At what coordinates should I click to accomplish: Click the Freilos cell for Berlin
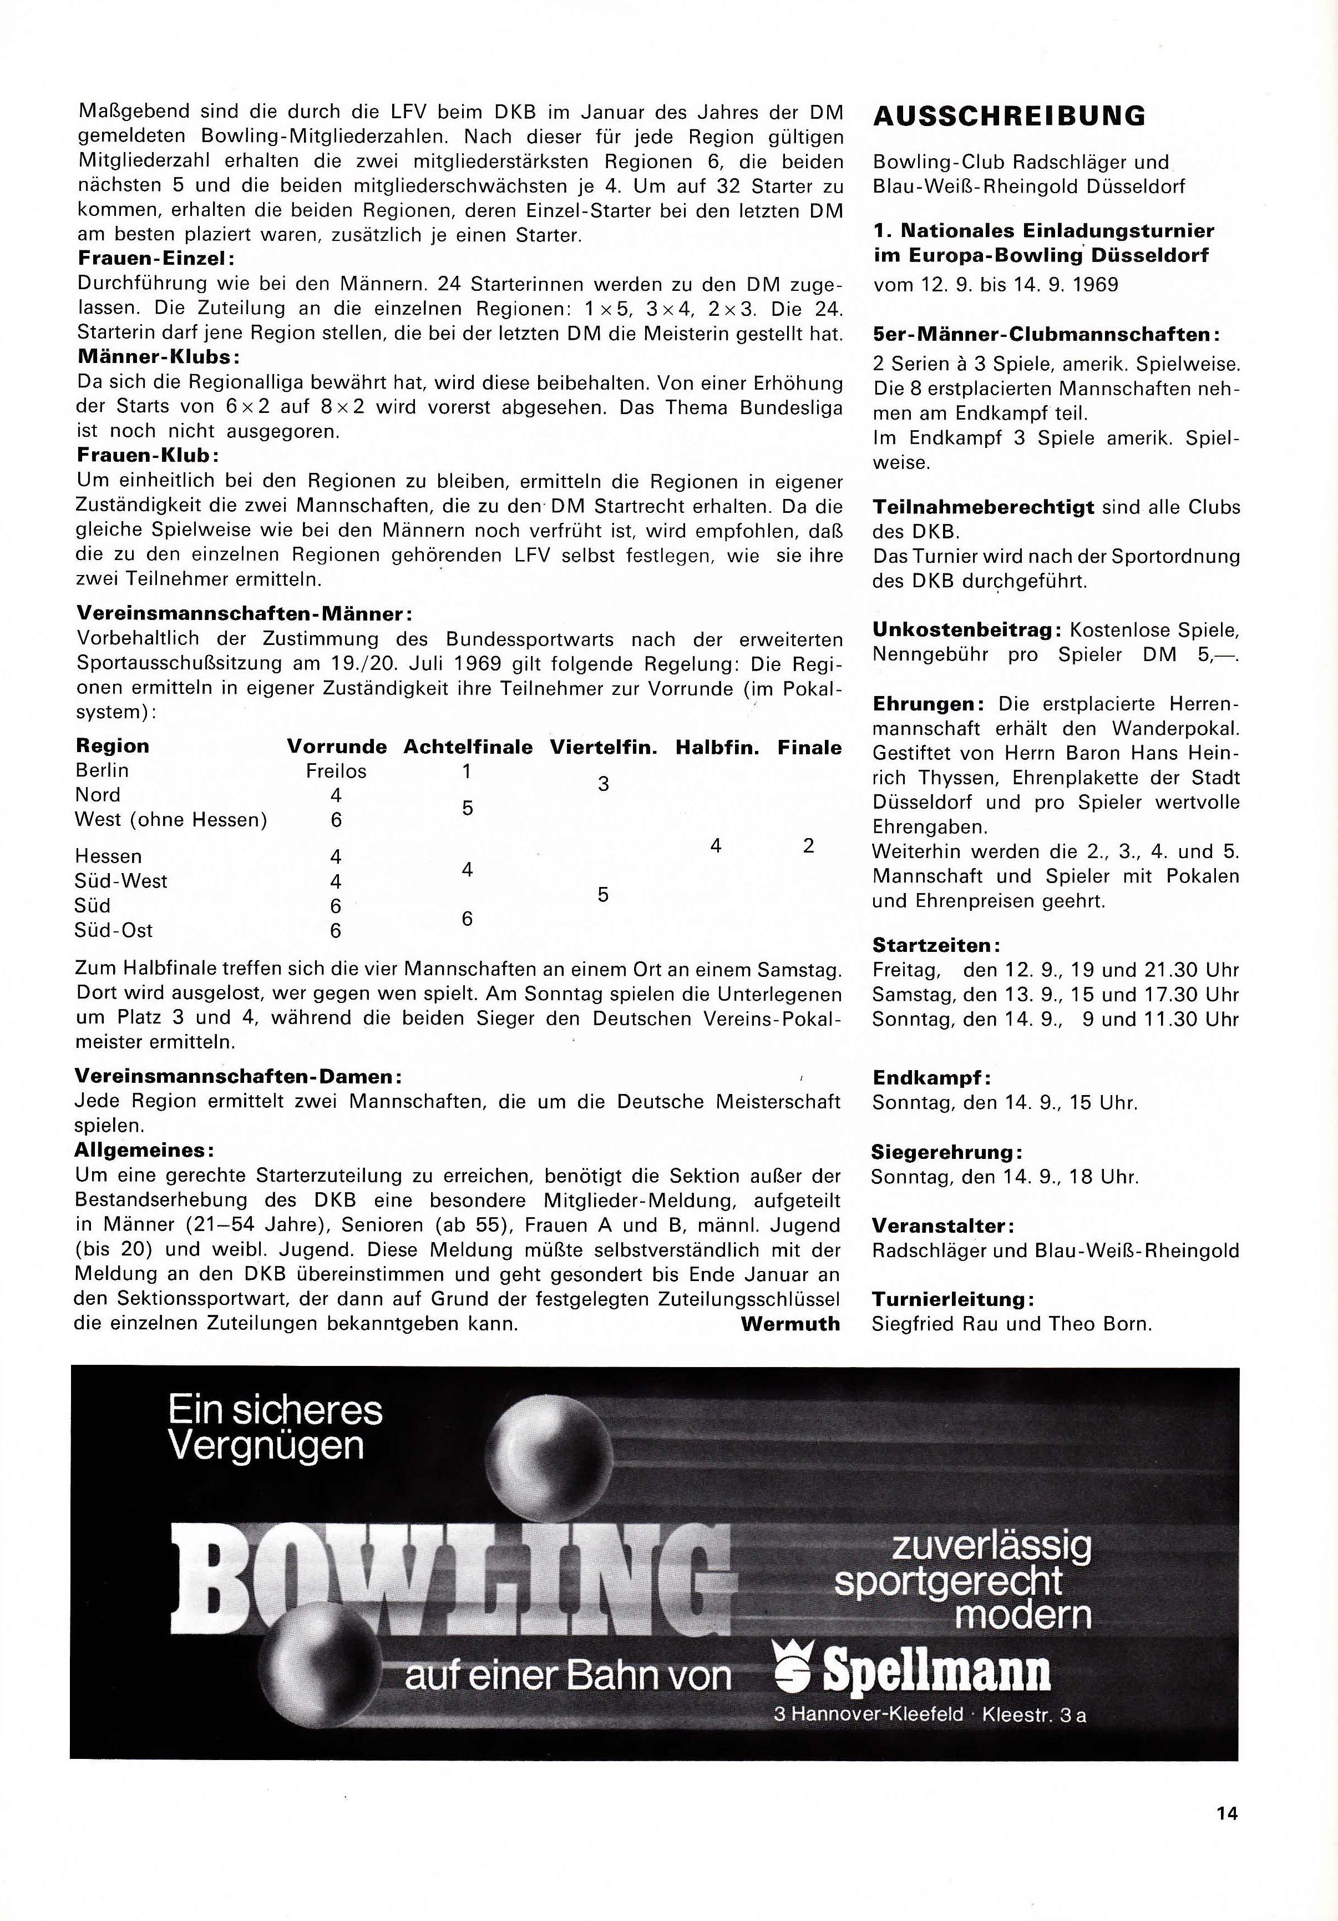[x=336, y=770]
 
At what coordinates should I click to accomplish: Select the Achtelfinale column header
[x=468, y=747]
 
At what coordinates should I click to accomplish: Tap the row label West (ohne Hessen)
[x=171, y=820]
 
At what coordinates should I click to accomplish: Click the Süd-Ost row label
[x=115, y=930]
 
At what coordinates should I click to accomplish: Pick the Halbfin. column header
[x=717, y=747]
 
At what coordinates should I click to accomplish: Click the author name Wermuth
[x=790, y=1324]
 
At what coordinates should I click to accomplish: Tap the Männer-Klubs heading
[x=159, y=356]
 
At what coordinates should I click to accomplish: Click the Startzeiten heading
[x=936, y=945]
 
